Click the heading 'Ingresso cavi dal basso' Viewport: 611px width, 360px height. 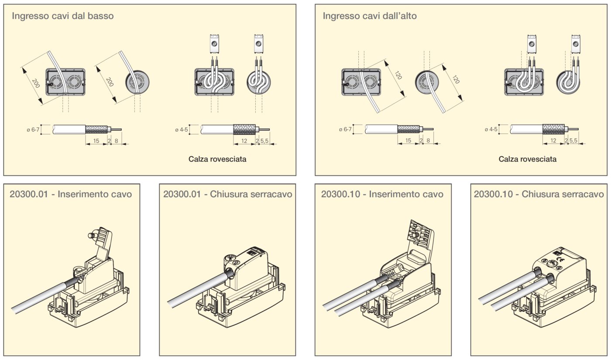tap(63, 16)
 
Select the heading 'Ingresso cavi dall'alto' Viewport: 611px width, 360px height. tap(370, 16)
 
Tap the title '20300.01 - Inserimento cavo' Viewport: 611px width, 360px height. tap(71, 194)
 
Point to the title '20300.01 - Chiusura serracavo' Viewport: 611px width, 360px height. tap(227, 194)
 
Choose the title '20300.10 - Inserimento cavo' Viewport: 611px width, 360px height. tap(382, 194)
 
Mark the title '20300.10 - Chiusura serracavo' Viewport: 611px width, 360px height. tap(539, 194)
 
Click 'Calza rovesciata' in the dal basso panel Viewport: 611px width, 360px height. tap(217, 159)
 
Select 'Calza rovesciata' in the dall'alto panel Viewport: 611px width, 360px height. tap(527, 159)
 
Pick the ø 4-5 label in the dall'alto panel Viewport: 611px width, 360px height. tap(491, 129)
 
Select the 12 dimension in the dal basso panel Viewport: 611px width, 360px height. tap(244, 140)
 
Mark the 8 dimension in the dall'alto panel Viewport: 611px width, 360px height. tap(428, 140)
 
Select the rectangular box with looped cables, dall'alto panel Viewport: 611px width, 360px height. tap(524, 83)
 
